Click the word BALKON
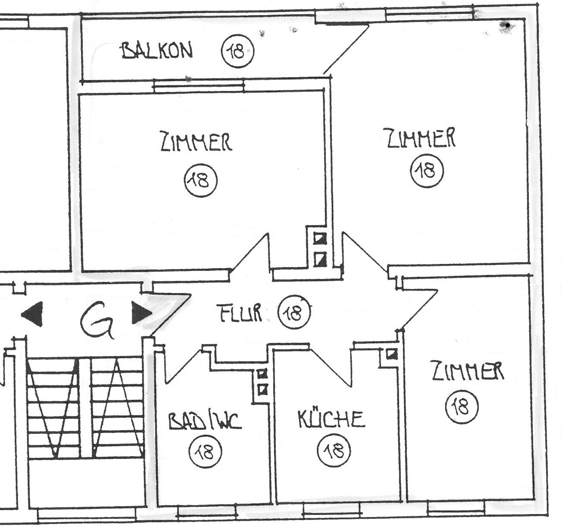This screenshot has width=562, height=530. click(x=157, y=51)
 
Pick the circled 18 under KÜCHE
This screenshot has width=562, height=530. click(x=334, y=452)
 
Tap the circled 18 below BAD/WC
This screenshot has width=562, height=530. click(x=205, y=452)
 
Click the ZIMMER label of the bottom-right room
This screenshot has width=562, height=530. click(x=468, y=371)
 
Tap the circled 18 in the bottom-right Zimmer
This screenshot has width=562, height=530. click(x=462, y=406)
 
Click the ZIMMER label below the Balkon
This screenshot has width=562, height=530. click(x=196, y=141)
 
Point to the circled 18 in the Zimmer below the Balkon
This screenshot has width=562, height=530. click(x=201, y=181)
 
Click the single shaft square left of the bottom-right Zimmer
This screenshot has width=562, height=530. click(x=392, y=354)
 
